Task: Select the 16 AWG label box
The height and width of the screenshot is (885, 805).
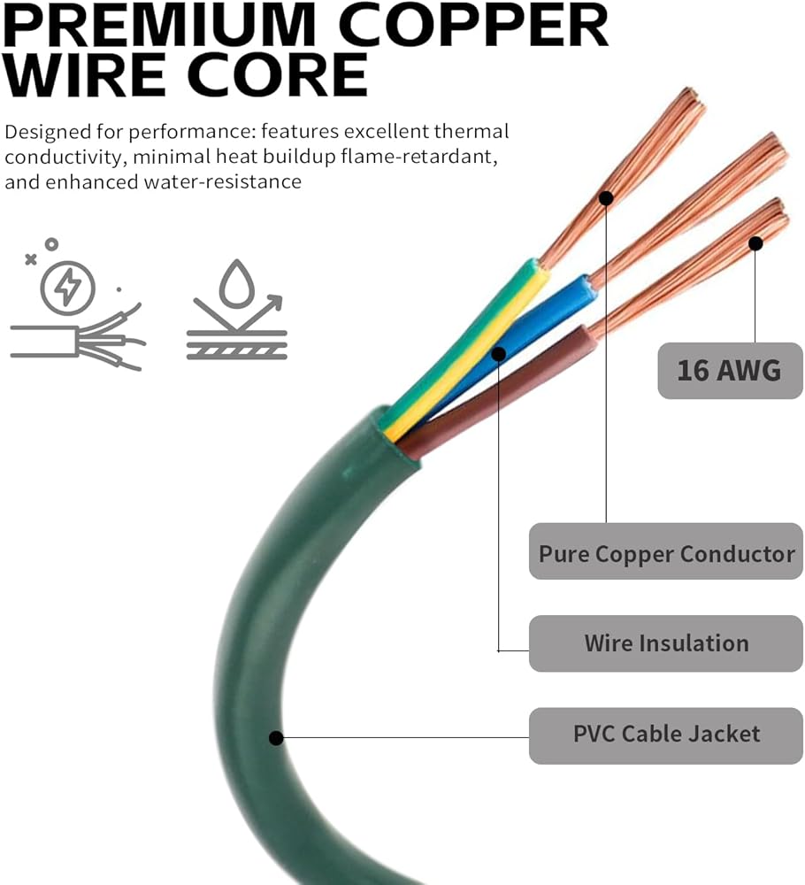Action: (x=730, y=370)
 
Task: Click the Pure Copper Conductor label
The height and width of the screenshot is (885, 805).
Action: (x=666, y=554)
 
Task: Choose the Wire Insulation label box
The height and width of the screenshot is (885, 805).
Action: (x=666, y=643)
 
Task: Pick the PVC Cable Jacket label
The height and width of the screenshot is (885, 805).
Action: (x=666, y=734)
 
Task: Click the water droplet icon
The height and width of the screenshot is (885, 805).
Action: (x=236, y=281)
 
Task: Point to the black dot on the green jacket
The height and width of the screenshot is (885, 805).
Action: (x=276, y=737)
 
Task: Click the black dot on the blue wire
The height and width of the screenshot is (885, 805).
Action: (x=499, y=354)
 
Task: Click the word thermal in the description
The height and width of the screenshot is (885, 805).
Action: (x=472, y=133)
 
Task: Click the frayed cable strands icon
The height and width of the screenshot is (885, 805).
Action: (x=78, y=337)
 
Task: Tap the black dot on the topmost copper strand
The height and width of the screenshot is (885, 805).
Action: (x=606, y=197)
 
